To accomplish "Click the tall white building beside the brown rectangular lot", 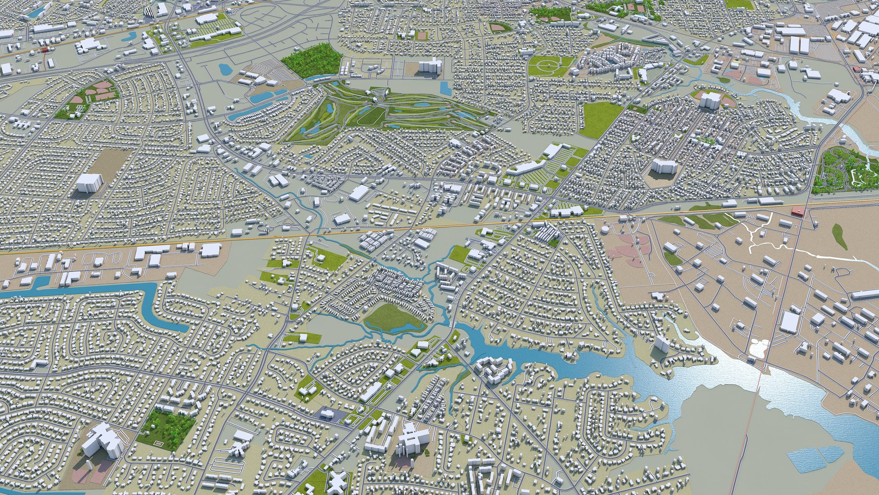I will tap(89, 182).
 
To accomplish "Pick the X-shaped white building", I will tap(337, 482).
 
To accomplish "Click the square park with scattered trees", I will tap(166, 429).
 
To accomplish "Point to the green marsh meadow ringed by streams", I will tap(393, 317).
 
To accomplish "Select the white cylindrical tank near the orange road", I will tap(605, 230).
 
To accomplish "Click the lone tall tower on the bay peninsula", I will tap(662, 344).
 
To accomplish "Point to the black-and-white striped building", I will tap(150, 14).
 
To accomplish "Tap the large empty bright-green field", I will tap(600, 119).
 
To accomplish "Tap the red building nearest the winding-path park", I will tap(797, 210).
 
